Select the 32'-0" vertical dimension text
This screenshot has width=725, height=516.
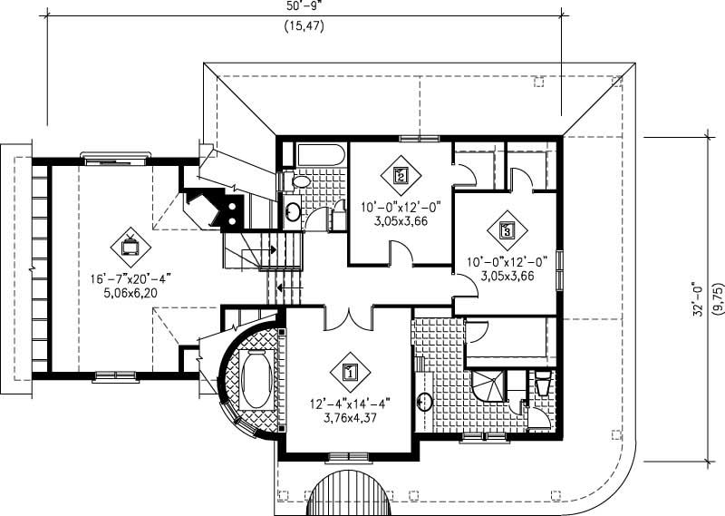[699, 300]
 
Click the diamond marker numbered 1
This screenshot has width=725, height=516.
[350, 370]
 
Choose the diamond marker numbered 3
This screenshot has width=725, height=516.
[507, 231]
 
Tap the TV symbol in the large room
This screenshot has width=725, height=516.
[130, 244]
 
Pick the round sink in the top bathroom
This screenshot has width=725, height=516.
[295, 213]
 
